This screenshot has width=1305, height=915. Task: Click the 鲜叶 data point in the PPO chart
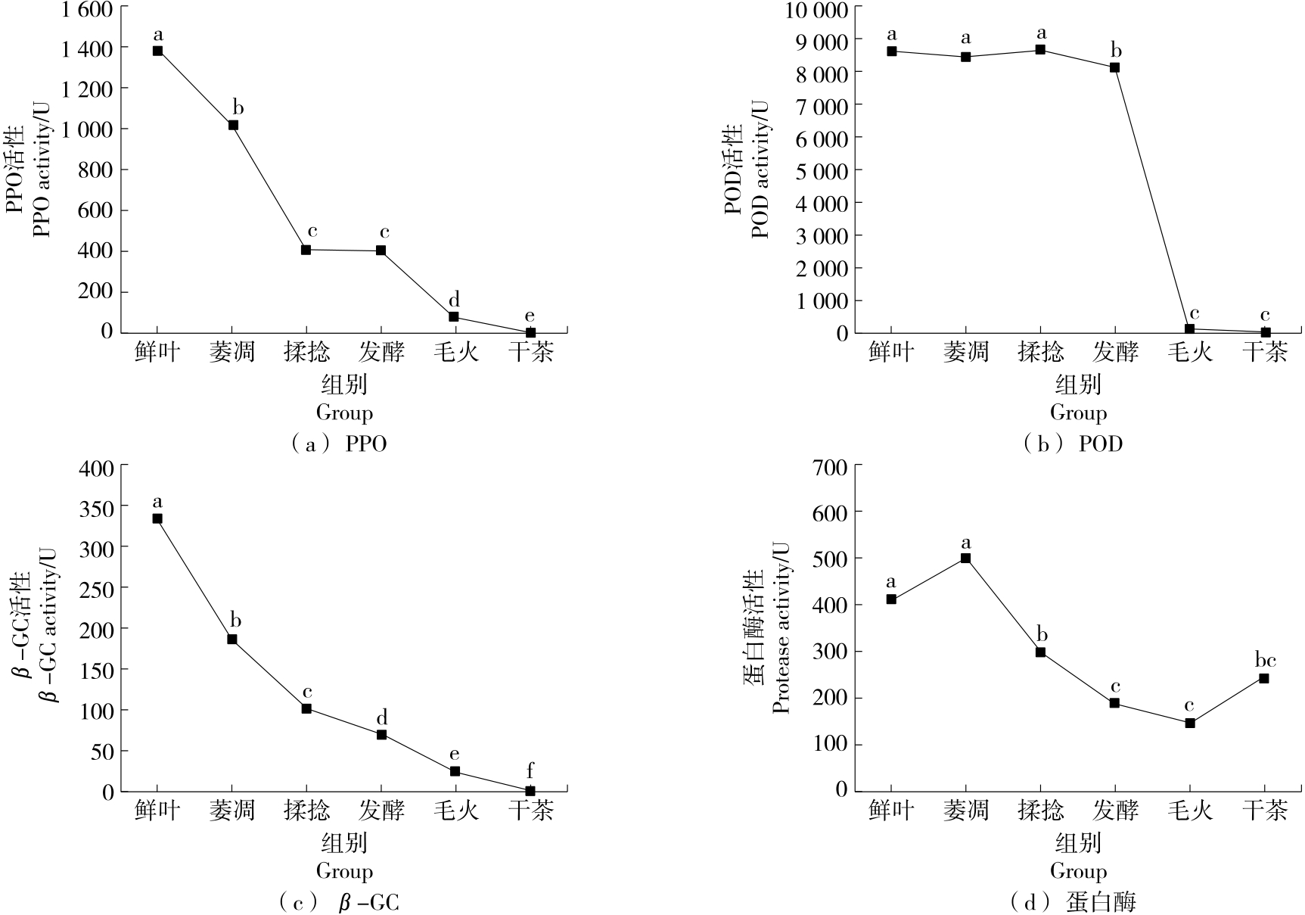coord(157,51)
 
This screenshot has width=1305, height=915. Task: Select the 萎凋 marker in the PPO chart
coord(233,125)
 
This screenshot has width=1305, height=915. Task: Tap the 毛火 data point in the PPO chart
coord(454,316)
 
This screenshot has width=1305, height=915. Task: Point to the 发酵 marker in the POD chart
coord(1114,67)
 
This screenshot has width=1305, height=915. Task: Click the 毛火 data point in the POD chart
coord(1189,328)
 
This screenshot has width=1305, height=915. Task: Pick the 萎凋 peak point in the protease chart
coord(965,558)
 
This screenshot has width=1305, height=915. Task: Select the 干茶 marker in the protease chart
coord(1263,678)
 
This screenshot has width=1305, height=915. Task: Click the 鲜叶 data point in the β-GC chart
coord(157,518)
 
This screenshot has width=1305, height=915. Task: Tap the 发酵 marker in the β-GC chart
coord(381,734)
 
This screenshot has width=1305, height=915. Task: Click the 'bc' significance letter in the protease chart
coord(1264,660)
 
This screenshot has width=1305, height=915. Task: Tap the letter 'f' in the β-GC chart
coord(530,771)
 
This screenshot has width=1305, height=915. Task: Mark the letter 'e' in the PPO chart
coord(530,316)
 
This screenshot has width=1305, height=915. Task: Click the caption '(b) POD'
coord(1074,443)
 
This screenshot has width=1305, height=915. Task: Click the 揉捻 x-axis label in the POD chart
coord(1040,352)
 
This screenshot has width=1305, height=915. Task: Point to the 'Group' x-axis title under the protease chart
coord(1078,871)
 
